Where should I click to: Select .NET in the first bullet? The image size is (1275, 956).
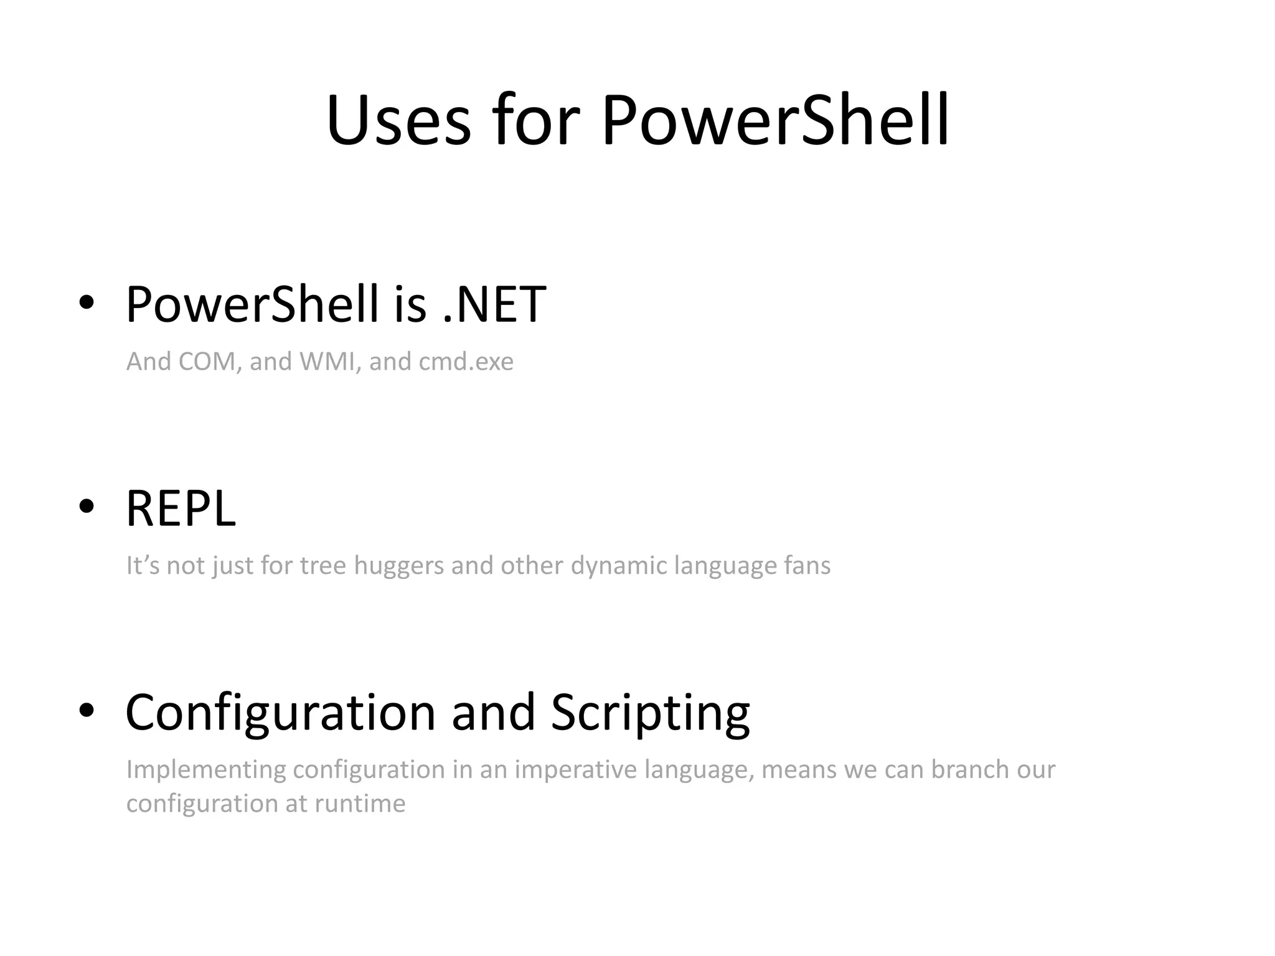pos(494,304)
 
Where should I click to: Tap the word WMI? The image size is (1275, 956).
pos(329,362)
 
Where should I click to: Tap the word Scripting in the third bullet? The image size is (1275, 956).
pos(650,713)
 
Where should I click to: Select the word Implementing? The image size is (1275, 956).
pos(206,770)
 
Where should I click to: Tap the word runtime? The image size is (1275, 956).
pos(360,804)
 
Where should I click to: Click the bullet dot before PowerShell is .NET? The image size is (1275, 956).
pos(87,302)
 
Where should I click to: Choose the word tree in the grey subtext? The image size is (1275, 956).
pos(322,566)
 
